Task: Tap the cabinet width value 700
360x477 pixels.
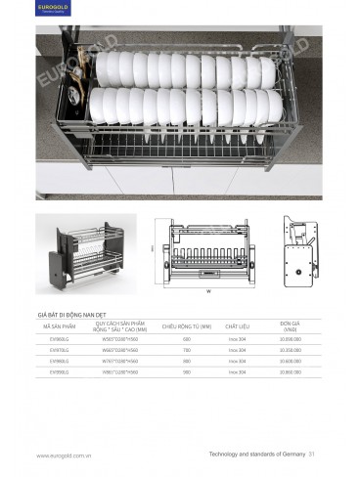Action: click(186, 350)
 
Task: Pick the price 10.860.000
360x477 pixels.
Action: click(290, 372)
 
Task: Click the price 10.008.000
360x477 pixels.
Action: click(290, 339)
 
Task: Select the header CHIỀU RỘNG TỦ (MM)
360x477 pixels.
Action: click(186, 325)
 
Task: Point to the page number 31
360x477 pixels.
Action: click(312, 455)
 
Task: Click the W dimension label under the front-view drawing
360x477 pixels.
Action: click(207, 291)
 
